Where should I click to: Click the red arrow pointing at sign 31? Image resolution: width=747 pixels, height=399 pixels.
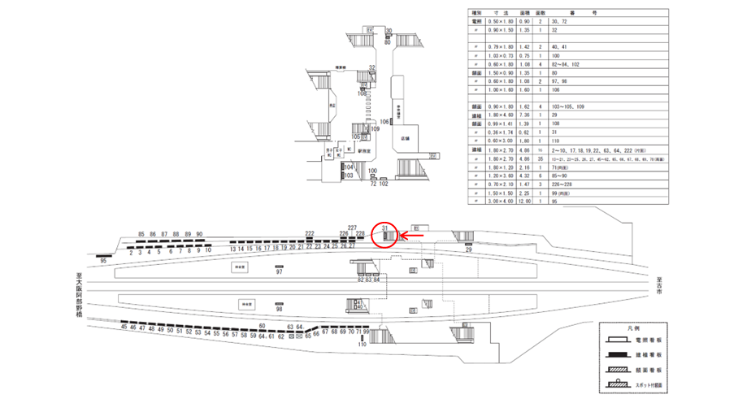coord(410,237)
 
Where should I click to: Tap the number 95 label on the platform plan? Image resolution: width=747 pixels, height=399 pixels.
coord(103,261)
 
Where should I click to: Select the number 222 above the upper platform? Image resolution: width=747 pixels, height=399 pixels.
coord(310,233)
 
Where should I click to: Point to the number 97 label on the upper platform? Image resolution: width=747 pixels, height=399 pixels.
coord(280,272)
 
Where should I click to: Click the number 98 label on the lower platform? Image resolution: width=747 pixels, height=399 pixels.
coord(280,310)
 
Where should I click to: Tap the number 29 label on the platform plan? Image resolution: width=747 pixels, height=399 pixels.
coord(469,251)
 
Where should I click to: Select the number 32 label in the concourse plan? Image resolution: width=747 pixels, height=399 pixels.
coord(371,67)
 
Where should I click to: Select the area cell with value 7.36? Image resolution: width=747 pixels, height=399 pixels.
coord(524,116)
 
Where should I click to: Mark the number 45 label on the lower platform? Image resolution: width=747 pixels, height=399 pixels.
coord(124,329)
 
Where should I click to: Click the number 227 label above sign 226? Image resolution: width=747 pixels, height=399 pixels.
coord(352,228)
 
